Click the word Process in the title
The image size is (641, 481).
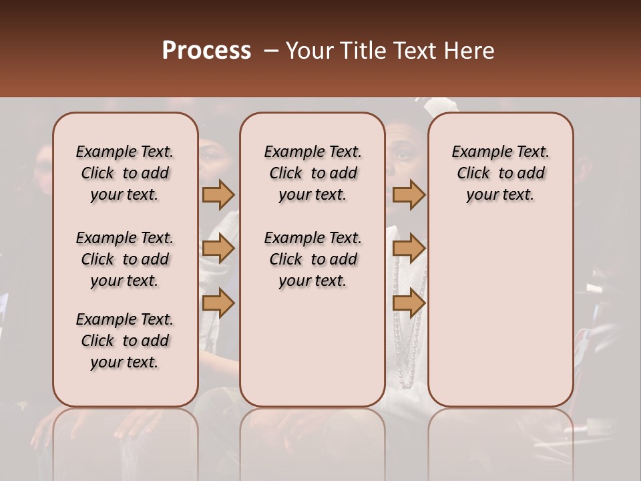206,51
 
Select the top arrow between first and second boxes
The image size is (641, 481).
218,194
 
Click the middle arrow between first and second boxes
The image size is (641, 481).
218,249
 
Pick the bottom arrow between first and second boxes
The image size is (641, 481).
218,303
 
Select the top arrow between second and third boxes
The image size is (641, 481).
409,194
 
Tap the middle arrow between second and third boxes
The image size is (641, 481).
409,249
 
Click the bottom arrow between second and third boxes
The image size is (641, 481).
409,303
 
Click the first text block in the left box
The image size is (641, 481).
125,173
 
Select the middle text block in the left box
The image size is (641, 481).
125,259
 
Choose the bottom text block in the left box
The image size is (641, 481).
125,341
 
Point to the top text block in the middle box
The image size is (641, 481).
313,173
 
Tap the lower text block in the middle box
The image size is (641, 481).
313,259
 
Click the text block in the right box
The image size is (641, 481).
501,173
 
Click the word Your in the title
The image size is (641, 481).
310,51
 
